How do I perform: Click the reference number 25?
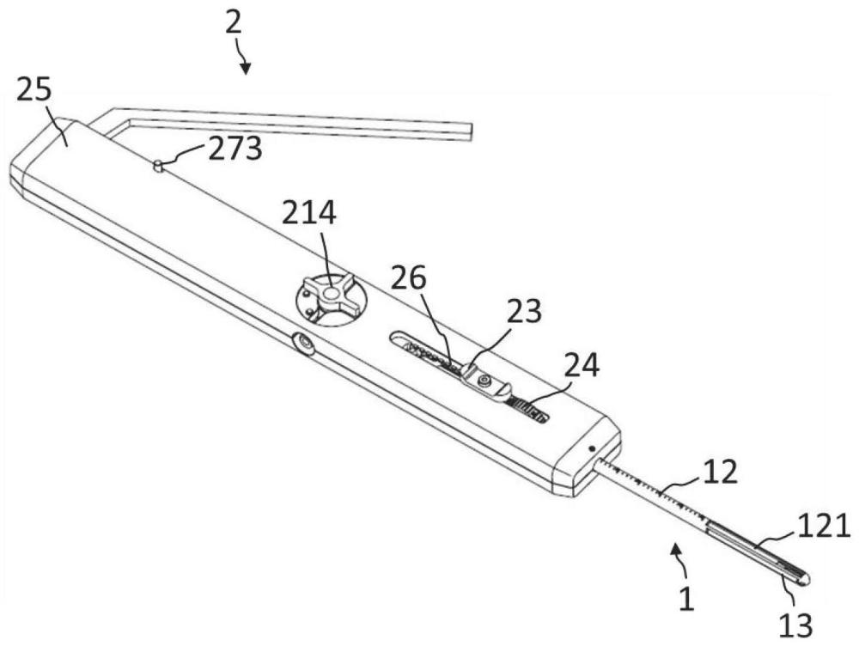(x=34, y=89)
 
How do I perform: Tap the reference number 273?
(x=235, y=148)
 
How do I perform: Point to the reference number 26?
(x=408, y=278)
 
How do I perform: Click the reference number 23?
(x=523, y=311)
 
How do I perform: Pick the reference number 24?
(x=582, y=365)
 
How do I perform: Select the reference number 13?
(x=795, y=625)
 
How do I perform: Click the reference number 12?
(x=721, y=472)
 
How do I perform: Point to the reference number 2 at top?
(x=234, y=23)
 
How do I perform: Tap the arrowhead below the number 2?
(x=246, y=68)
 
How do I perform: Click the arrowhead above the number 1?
(x=678, y=549)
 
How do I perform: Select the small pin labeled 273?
(x=158, y=166)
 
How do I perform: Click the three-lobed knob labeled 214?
(x=330, y=295)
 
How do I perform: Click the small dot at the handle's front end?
(x=592, y=449)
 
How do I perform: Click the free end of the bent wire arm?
(x=470, y=131)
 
